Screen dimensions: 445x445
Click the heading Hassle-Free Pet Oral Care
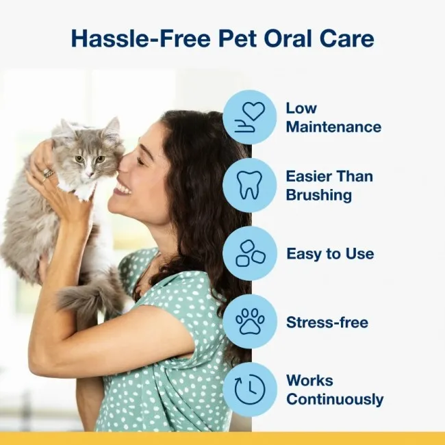pos(222,38)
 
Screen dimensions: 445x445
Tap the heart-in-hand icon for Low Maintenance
pos(249,117)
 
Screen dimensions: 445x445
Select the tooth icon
pos(249,185)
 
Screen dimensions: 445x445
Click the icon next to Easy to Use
pos(249,253)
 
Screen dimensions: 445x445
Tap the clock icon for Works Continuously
pos(249,390)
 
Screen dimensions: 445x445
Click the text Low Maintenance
pos(333,117)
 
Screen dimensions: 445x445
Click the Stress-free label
pos(327,322)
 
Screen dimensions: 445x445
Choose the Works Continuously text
pos(334,390)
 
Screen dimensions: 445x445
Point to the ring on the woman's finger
pos(49,173)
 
